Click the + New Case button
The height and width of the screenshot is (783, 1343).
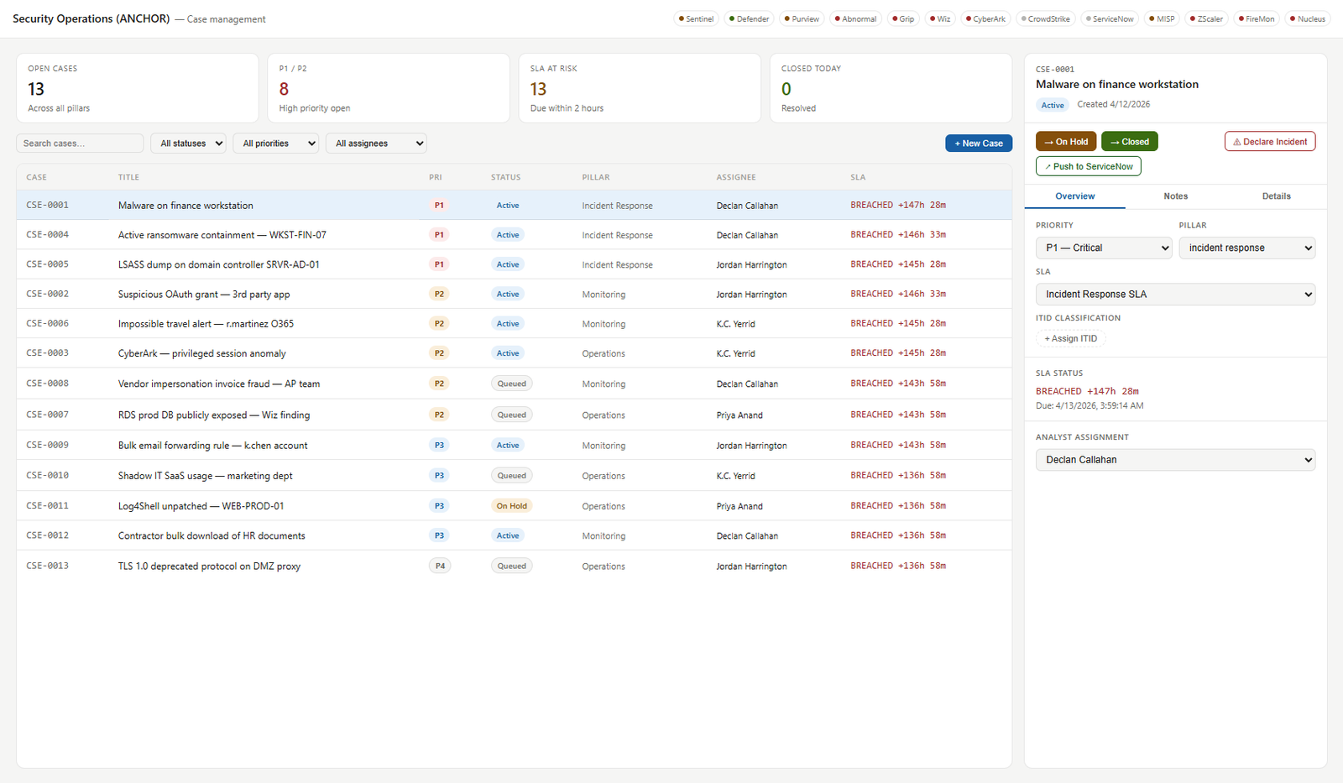tap(979, 144)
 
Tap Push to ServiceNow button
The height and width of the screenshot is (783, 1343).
tap(1088, 166)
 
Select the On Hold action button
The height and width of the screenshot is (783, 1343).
tap(1066, 142)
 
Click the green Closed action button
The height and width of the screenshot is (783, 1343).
tap(1130, 142)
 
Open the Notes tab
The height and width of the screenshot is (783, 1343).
tap(1175, 196)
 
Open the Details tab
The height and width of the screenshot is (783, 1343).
tap(1276, 196)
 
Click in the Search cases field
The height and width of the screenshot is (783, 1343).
tap(80, 144)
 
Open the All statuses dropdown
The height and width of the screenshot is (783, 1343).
tap(188, 144)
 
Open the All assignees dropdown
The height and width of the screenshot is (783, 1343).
tap(376, 144)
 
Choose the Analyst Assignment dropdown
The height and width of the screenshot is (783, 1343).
tap(1175, 460)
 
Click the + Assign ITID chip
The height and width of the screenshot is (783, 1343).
tap(1071, 339)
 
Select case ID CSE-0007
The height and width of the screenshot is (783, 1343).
tap(47, 415)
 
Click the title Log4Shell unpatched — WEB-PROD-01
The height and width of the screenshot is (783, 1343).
tap(201, 506)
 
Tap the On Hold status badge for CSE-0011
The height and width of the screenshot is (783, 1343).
tap(511, 506)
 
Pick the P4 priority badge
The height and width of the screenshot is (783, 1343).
tap(440, 566)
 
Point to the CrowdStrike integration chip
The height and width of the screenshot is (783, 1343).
tap(1046, 19)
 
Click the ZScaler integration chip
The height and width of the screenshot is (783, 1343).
tap(1206, 19)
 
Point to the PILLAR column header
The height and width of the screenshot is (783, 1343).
tap(595, 177)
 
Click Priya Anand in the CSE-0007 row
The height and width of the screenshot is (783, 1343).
tap(739, 415)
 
